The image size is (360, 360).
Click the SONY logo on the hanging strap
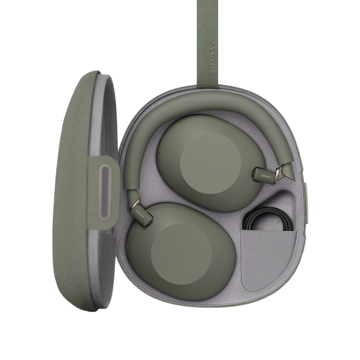(x=212, y=57)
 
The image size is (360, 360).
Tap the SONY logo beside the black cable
(x=266, y=176)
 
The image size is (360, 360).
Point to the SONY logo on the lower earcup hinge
(x=140, y=214)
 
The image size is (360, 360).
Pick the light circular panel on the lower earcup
(x=181, y=254)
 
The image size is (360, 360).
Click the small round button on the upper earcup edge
(x=159, y=157)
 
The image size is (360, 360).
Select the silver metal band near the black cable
(x=279, y=172)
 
